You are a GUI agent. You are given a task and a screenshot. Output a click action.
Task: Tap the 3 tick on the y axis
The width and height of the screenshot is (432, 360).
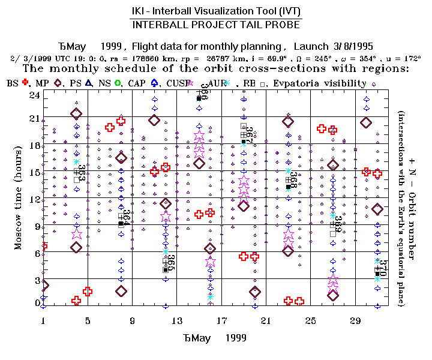coord(36,281)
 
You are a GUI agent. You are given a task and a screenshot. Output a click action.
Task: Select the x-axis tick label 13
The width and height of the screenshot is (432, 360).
coord(176,320)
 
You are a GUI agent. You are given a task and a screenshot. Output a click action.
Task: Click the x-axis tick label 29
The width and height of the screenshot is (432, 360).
coord(355,320)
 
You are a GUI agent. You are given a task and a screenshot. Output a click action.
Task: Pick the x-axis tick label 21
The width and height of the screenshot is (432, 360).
coord(266,320)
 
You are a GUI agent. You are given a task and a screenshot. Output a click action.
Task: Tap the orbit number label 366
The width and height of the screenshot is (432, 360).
coord(205,91)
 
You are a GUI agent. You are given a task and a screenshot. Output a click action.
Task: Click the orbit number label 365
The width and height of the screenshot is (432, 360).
coord(171,263)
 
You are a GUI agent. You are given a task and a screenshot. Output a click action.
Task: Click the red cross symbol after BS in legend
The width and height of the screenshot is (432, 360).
coord(25,83)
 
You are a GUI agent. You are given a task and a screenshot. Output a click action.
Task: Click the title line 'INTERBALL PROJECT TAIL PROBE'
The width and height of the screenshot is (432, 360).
coord(216,25)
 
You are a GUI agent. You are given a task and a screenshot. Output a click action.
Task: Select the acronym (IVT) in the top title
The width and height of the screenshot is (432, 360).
coord(287,11)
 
